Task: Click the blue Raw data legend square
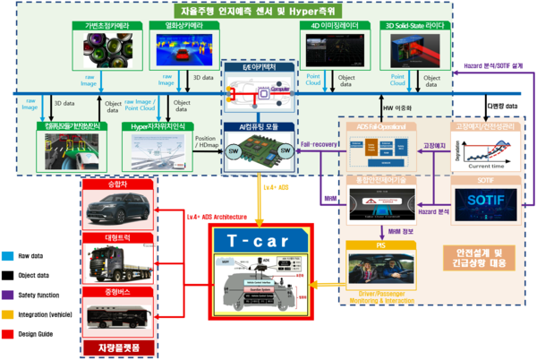(x=8, y=255)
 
